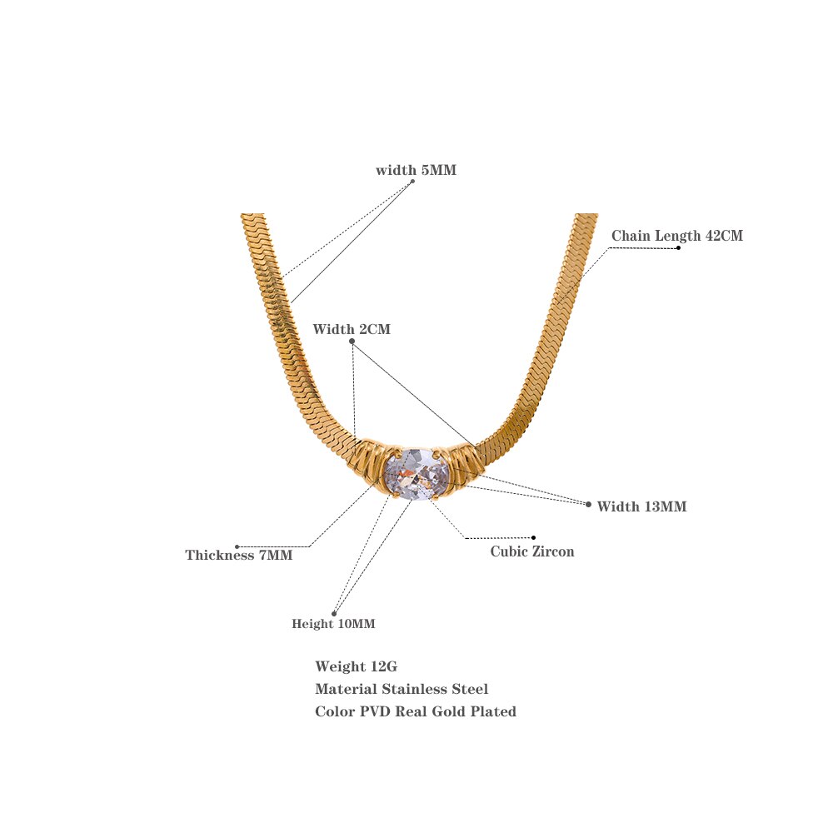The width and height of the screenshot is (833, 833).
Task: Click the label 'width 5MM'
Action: pos(416,170)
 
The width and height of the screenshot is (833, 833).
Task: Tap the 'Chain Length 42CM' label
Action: pos(676,236)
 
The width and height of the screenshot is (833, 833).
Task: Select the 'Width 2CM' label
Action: pos(352,329)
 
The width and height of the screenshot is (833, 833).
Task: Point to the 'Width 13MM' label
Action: pos(641,506)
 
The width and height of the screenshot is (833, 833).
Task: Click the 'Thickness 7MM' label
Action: pos(239,555)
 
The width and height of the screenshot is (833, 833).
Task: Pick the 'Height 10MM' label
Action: pos(333,624)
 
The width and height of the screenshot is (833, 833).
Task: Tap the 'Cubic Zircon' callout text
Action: pos(531,551)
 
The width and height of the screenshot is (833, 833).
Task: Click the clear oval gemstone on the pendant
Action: pos(416,474)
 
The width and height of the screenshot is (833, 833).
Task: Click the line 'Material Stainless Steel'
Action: pos(402,689)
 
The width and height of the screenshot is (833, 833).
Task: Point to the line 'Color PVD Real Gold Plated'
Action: pos(416,711)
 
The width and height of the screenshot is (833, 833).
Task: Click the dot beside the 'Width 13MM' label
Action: pos(588,504)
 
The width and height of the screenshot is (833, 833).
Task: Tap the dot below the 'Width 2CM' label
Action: pos(352,342)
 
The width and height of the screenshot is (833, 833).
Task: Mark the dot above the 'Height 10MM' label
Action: pos(334,614)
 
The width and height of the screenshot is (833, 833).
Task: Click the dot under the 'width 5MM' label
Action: pos(412,182)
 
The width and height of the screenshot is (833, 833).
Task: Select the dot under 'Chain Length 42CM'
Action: pos(678,247)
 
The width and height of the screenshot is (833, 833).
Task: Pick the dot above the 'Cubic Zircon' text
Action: pos(533,537)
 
